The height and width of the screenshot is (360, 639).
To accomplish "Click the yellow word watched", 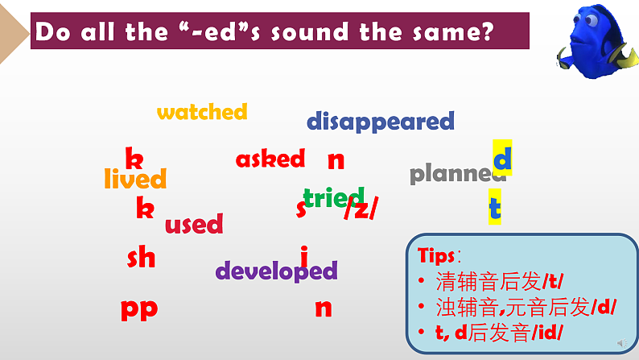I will pyautogui.click(x=202, y=112).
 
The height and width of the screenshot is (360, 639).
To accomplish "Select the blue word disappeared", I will pyautogui.click(x=380, y=122).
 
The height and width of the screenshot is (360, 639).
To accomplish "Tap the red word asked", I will pyautogui.click(x=270, y=159).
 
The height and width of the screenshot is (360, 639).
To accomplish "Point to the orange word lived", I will pyautogui.click(x=135, y=179).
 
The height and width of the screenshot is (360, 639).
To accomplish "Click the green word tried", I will pyautogui.click(x=332, y=197).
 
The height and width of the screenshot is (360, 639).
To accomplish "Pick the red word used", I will pyautogui.click(x=194, y=224).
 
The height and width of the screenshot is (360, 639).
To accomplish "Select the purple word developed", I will pyautogui.click(x=276, y=271).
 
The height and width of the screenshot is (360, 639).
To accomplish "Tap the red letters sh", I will pyautogui.click(x=141, y=258).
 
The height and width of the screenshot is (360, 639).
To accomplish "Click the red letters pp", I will pyautogui.click(x=139, y=308).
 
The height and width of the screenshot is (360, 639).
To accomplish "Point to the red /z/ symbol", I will pyautogui.click(x=361, y=209).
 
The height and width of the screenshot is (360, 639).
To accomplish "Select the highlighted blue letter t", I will pyautogui.click(x=495, y=208).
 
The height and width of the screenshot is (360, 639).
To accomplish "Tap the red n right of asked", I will pyautogui.click(x=336, y=159).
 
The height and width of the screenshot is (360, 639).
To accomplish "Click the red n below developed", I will pyautogui.click(x=323, y=308).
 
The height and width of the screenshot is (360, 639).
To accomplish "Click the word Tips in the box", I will pyautogui.click(x=436, y=255).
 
